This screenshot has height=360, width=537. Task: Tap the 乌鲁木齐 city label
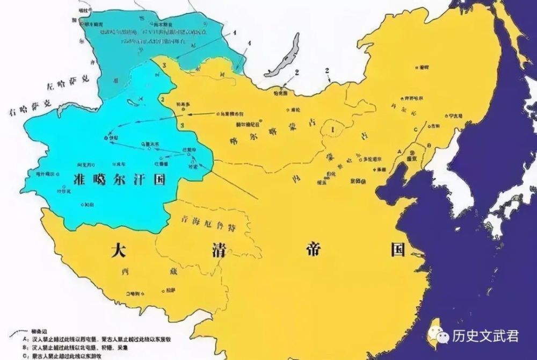(x=149, y=144)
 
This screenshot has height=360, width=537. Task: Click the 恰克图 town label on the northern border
(x=281, y=93)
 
